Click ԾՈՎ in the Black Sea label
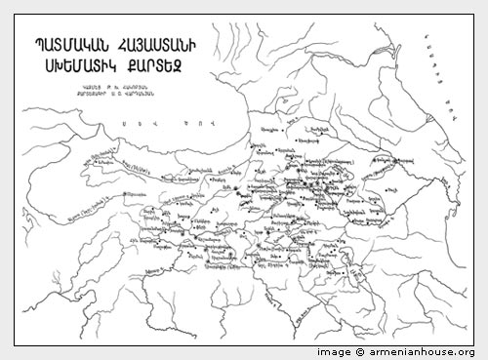pos(191,124)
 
